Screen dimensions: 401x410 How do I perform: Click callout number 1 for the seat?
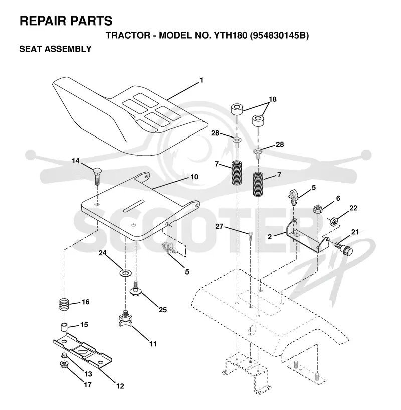(x=201, y=80)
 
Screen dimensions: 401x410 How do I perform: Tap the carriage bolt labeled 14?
(x=97, y=176)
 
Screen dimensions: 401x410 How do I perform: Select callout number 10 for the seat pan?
(x=194, y=177)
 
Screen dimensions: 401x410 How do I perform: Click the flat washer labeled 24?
(x=126, y=273)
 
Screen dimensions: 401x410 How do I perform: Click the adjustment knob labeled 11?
(x=125, y=317)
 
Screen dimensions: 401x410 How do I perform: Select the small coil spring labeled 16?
(x=64, y=304)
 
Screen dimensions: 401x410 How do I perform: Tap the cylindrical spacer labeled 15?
(x=64, y=328)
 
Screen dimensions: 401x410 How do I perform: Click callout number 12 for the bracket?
(x=120, y=386)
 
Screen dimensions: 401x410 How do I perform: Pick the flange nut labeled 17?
(x=64, y=364)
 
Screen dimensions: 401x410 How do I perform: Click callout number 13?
(x=88, y=374)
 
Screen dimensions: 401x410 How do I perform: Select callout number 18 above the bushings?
(x=273, y=99)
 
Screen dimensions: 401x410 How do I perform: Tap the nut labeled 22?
(x=334, y=222)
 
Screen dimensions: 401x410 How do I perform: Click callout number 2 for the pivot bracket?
(x=270, y=237)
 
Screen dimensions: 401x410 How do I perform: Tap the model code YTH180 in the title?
(x=231, y=35)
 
